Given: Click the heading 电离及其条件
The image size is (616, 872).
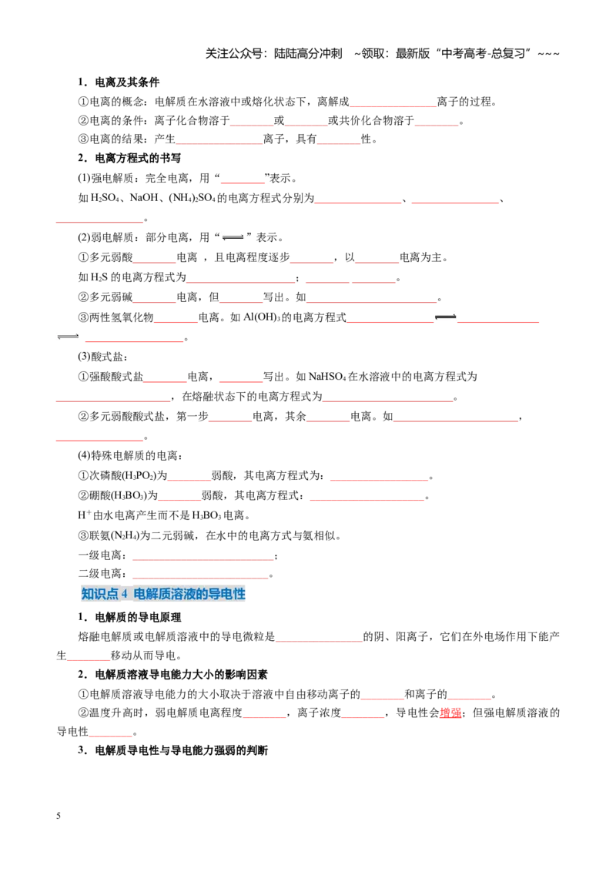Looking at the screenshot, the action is coord(127,82).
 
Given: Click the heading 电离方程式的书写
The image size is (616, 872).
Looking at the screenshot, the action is coord(138,158).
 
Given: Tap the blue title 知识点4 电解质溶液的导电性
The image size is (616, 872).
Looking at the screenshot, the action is coord(163,594).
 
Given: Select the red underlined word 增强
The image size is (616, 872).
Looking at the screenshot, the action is coord(450,713).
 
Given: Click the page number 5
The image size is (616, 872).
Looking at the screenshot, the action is coord(59,816).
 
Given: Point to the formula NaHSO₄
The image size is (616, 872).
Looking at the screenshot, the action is coord(327,377).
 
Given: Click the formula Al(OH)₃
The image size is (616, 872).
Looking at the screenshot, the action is coord(262,317).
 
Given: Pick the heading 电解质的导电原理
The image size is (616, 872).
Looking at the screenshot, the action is coord(138,617).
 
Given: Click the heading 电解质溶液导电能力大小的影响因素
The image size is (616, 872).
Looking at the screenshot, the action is coord(181,675).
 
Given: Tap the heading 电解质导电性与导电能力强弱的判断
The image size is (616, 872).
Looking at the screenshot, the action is coord(181,750).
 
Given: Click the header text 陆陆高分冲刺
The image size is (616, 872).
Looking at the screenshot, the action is coord(307,53).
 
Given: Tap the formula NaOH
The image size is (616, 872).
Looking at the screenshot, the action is coord(144,198).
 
